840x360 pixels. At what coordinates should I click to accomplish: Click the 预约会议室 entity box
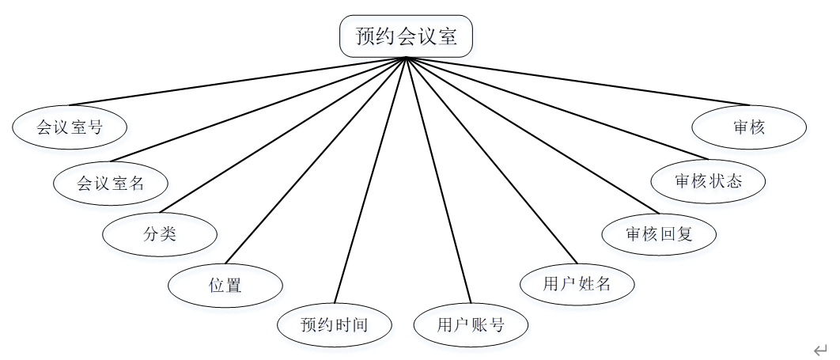(406, 37)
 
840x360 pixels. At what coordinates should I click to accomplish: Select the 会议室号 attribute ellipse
(70, 127)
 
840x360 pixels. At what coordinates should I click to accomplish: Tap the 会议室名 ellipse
(110, 184)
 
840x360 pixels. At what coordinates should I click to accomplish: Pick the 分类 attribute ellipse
(160, 234)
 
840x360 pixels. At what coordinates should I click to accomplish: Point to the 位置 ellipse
(225, 285)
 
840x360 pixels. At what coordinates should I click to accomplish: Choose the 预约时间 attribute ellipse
(335, 324)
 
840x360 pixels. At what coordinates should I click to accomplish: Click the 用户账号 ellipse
(471, 324)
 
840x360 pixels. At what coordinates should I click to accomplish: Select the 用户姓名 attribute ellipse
(577, 284)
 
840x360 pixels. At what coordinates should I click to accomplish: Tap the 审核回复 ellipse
(659, 234)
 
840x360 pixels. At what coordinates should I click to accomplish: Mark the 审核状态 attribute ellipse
(709, 180)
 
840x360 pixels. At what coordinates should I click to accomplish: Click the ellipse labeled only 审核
(748, 127)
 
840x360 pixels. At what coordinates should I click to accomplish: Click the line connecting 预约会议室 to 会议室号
(237, 81)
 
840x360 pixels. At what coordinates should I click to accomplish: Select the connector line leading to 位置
(316, 159)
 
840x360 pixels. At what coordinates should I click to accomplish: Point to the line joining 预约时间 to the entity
(370, 180)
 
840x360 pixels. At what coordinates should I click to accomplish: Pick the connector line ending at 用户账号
(438, 180)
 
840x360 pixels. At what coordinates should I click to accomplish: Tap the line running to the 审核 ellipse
(577, 81)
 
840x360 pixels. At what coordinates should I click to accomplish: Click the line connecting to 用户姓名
(491, 159)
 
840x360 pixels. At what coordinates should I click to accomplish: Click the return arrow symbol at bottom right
(820, 349)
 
